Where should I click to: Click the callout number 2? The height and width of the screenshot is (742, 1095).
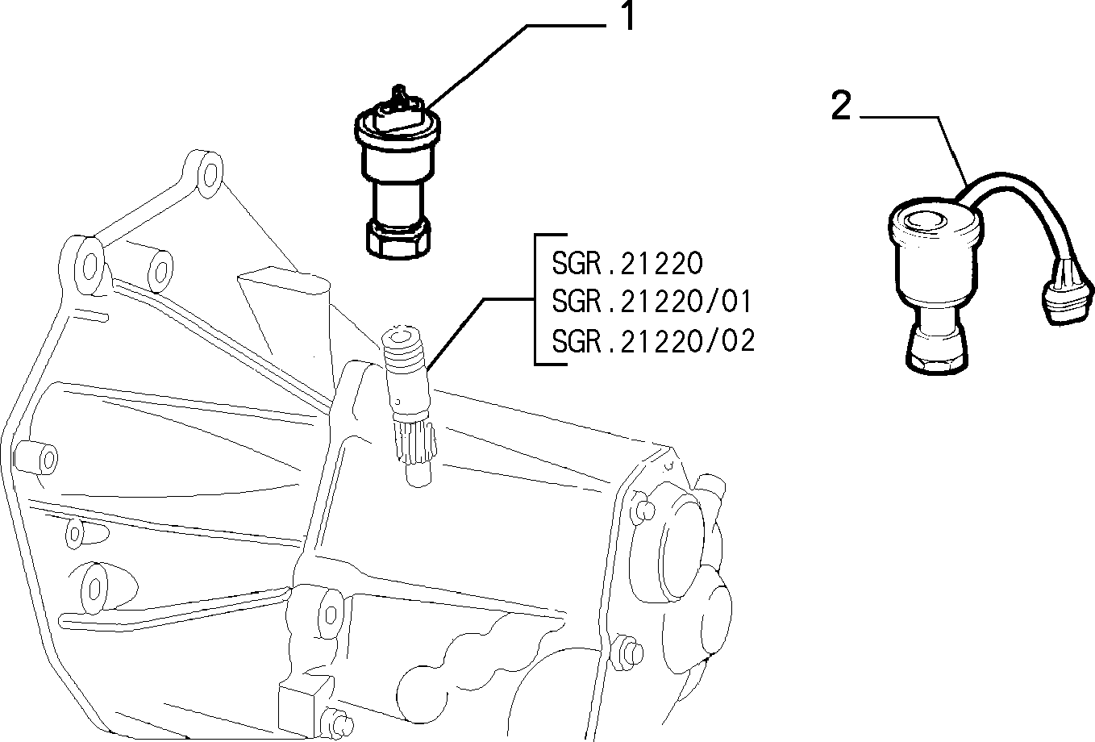click(x=840, y=107)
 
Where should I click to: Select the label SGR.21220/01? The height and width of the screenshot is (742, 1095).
click(x=652, y=302)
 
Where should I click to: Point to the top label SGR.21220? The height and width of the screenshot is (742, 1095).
click(x=627, y=263)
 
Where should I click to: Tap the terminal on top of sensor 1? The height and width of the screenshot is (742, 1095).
click(x=397, y=99)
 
